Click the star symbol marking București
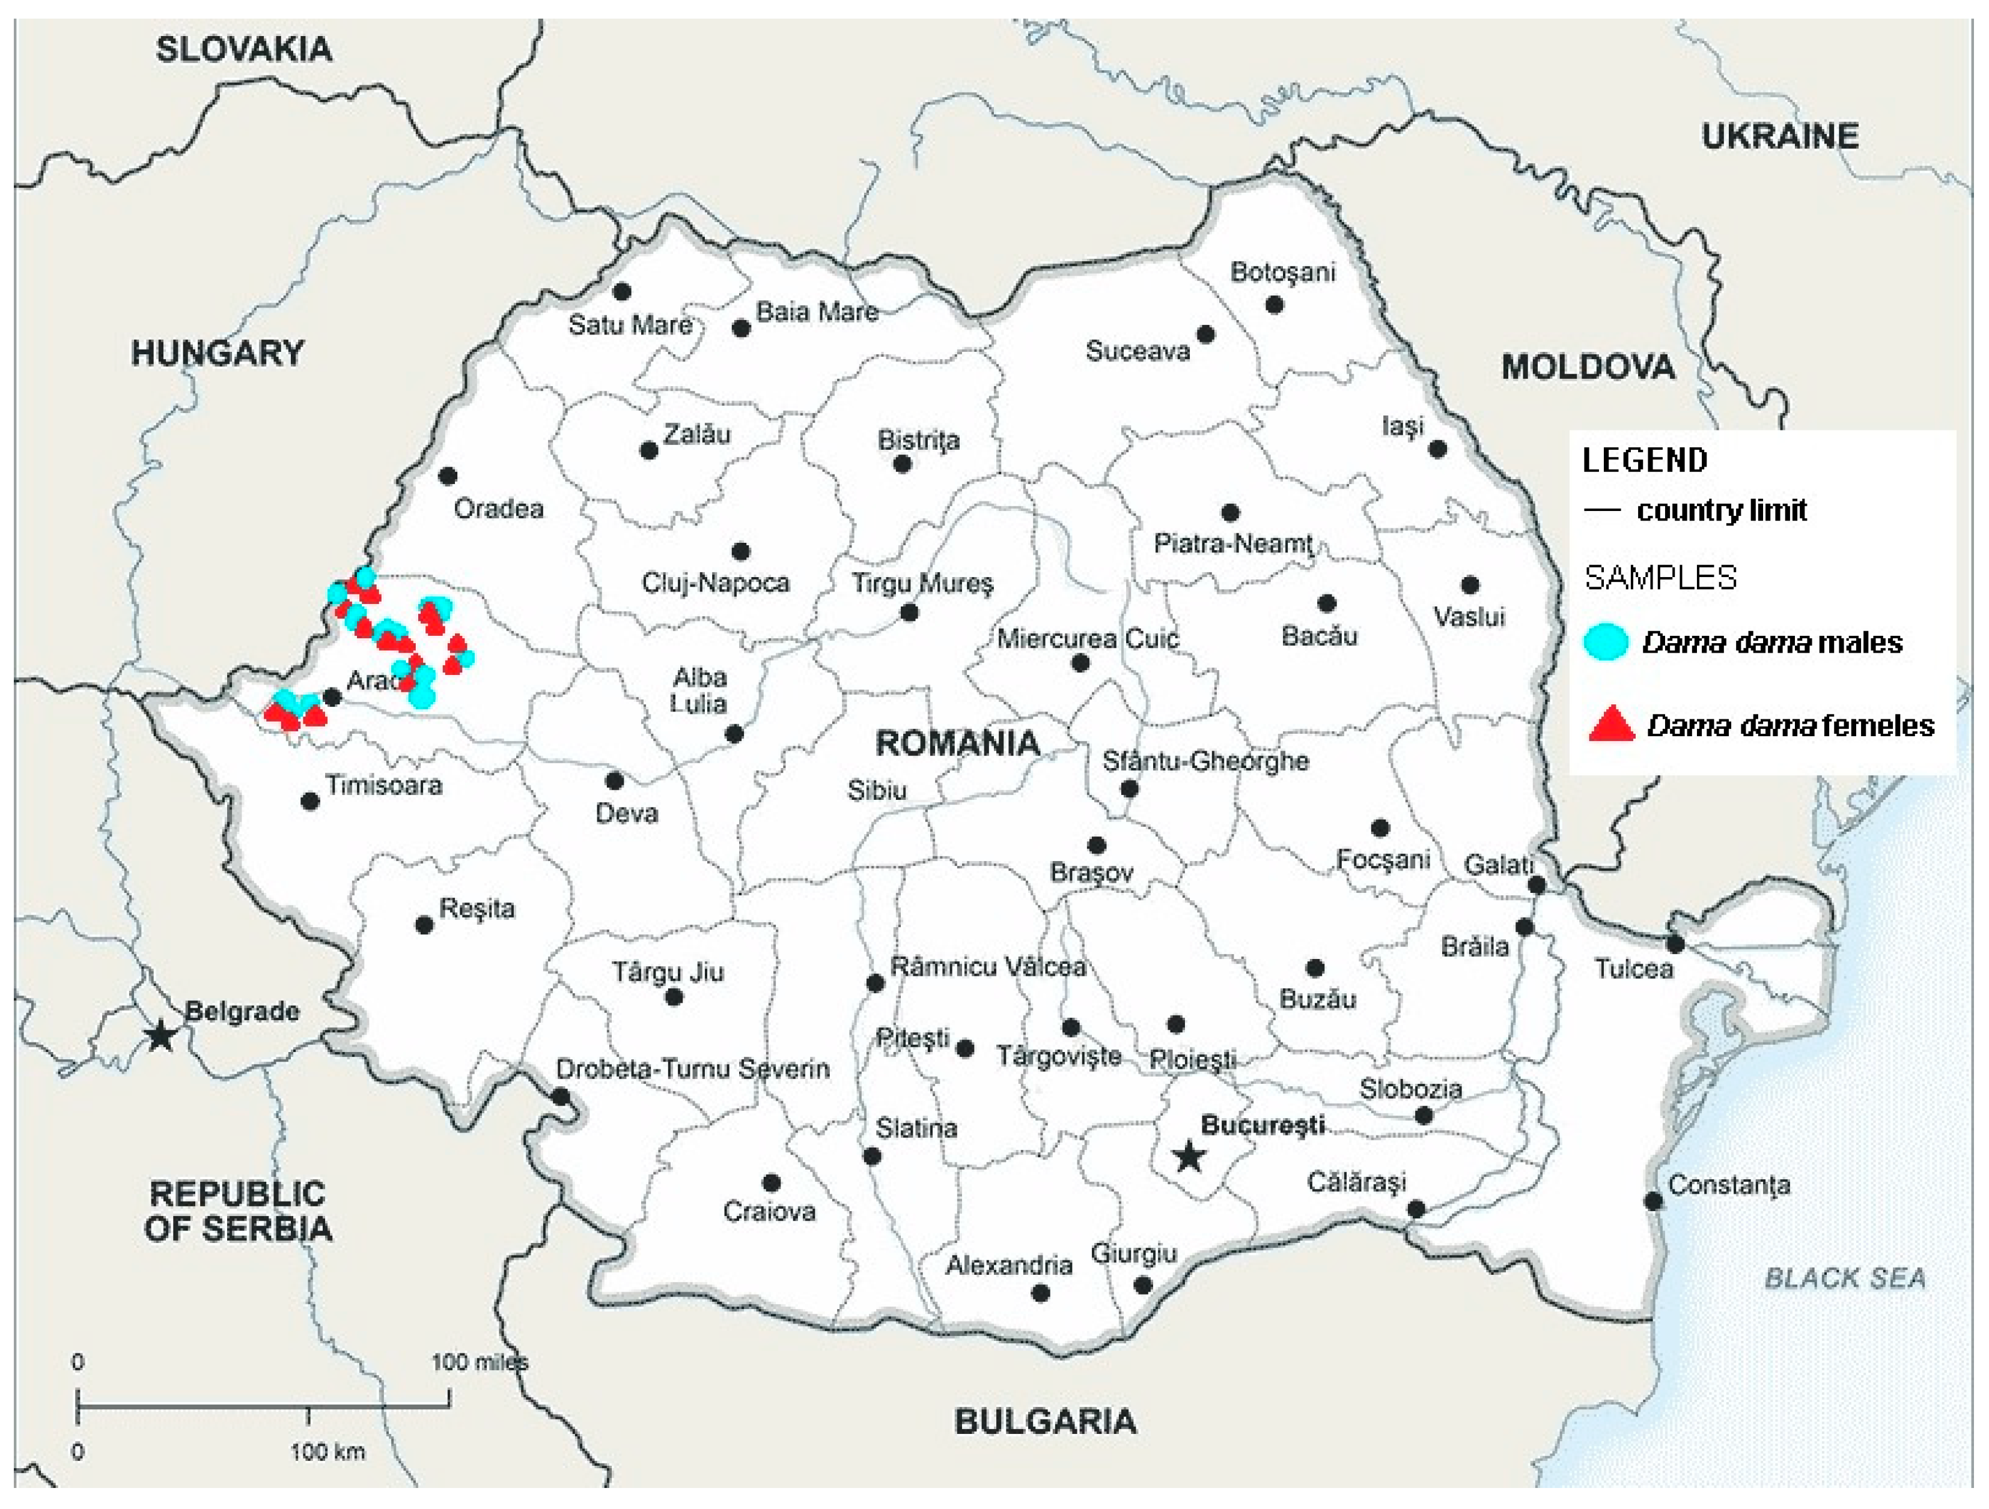(x=1189, y=1157)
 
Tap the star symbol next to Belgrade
(x=161, y=1036)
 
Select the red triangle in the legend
(x=1610, y=724)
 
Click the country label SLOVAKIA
(x=244, y=49)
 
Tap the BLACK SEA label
(x=1845, y=1278)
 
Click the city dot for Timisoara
(x=310, y=801)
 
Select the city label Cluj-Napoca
(x=715, y=582)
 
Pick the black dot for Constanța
(x=1652, y=1201)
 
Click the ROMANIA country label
(x=958, y=743)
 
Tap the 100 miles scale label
(x=478, y=1362)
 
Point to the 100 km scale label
(x=327, y=1451)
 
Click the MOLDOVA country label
(x=1588, y=367)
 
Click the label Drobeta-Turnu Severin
(x=692, y=1069)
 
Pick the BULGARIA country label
(x=1045, y=1421)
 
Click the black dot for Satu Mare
(x=621, y=291)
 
